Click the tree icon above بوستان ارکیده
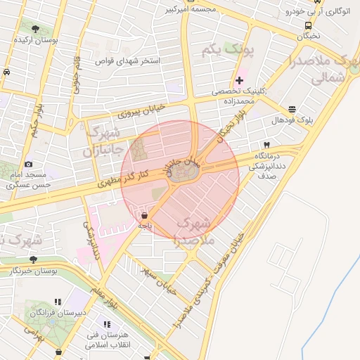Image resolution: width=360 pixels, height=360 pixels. click(x=35, y=29)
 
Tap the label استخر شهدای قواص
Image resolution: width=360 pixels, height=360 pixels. click(x=130, y=61)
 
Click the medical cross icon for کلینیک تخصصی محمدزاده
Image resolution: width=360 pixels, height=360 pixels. click(x=239, y=80)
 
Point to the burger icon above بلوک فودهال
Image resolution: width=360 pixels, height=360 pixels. click(x=292, y=108)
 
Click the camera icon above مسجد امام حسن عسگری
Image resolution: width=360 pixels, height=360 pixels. click(x=28, y=164)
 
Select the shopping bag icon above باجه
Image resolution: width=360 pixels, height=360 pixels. click(x=144, y=215)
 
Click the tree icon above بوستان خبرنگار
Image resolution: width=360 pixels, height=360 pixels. click(x=33, y=259)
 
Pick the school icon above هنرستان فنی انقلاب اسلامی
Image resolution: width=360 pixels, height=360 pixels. click(x=107, y=324)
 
